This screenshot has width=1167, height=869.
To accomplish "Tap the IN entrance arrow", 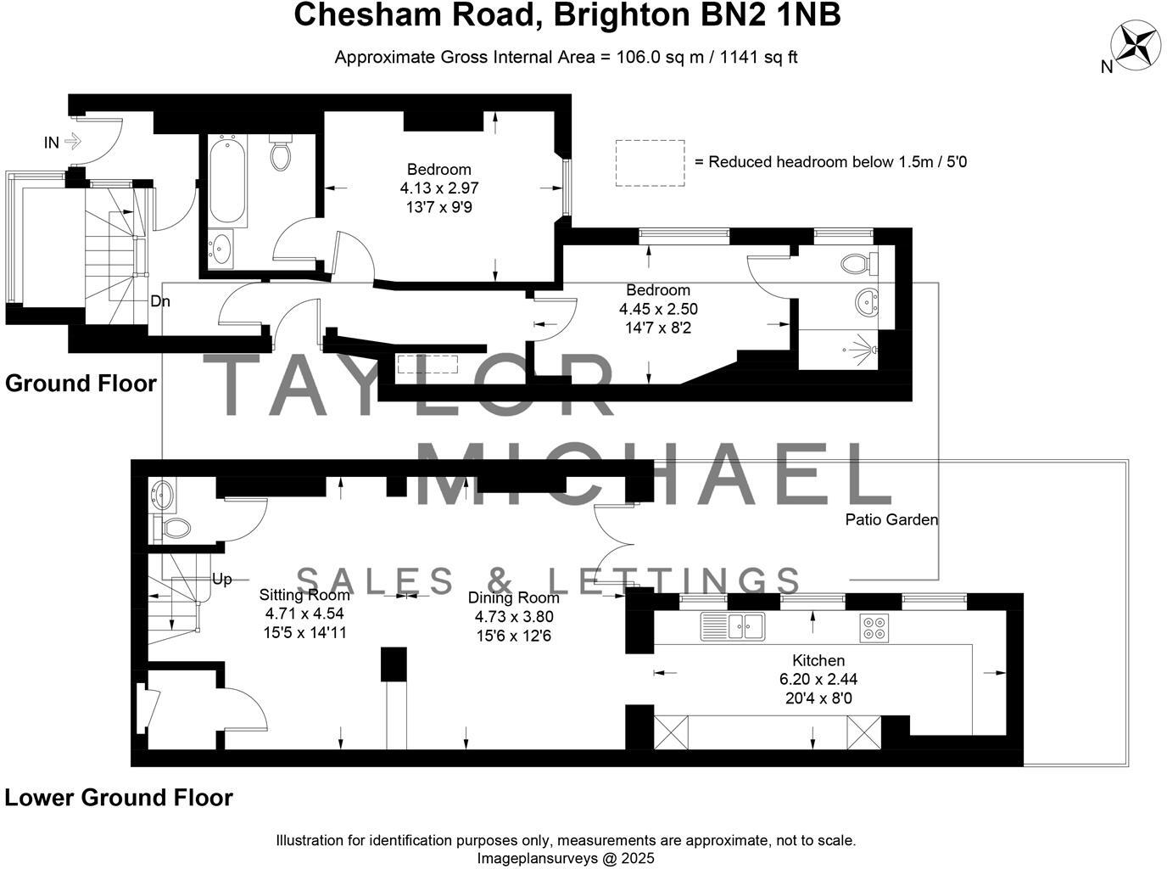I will pos(71,142).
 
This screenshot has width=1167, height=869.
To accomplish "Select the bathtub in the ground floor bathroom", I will pos(227,182).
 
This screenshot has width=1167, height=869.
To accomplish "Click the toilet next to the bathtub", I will pos(281,154).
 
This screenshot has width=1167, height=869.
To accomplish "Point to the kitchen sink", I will pos(733,626).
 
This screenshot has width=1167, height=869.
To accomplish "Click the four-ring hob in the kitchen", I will pos(873,626).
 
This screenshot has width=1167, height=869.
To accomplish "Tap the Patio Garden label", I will pos(891,519).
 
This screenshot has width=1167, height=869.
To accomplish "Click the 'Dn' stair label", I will pos(160,300).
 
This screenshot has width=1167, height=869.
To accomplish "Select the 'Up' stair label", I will pos(221,579).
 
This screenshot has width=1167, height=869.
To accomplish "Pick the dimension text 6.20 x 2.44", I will pos(818,679).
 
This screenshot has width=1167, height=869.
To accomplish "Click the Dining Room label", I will pos(514,597).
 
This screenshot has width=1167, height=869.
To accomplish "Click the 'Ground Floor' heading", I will pos(81,384).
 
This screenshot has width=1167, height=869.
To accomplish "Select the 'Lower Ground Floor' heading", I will pos(119,798).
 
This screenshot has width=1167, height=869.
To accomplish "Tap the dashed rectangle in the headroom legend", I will pos(650,162).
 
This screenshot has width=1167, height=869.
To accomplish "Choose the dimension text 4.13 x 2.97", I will pos(438,188).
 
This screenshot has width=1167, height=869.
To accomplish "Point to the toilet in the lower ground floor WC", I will pos(176,529).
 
